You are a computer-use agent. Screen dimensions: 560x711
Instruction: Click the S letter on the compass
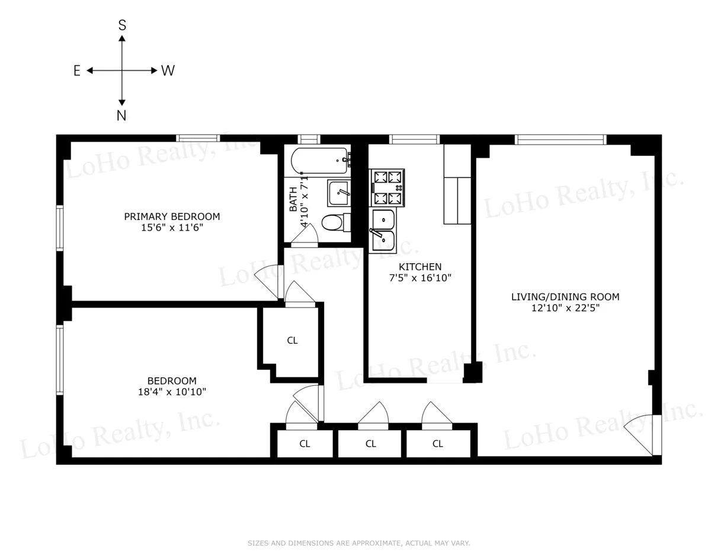coord(122,25)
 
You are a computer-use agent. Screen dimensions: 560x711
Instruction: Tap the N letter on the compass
coord(121,116)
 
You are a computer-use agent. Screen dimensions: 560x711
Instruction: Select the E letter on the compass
coord(77,71)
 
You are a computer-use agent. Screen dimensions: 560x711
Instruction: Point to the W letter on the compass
coord(168,71)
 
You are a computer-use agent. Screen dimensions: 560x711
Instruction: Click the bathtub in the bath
coord(319,160)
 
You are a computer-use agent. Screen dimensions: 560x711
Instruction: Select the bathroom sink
coord(338,193)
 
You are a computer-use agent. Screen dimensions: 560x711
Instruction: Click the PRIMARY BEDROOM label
coord(172,216)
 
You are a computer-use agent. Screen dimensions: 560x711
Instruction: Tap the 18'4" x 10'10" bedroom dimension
coord(172,391)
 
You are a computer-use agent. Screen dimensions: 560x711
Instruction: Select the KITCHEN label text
coord(419,267)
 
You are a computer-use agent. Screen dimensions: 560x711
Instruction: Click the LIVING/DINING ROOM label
coord(565,297)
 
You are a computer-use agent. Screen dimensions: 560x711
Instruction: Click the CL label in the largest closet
coord(292,341)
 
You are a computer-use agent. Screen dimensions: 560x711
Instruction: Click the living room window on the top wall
coord(560,140)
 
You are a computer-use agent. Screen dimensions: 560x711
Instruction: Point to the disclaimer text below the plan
coord(358,543)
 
